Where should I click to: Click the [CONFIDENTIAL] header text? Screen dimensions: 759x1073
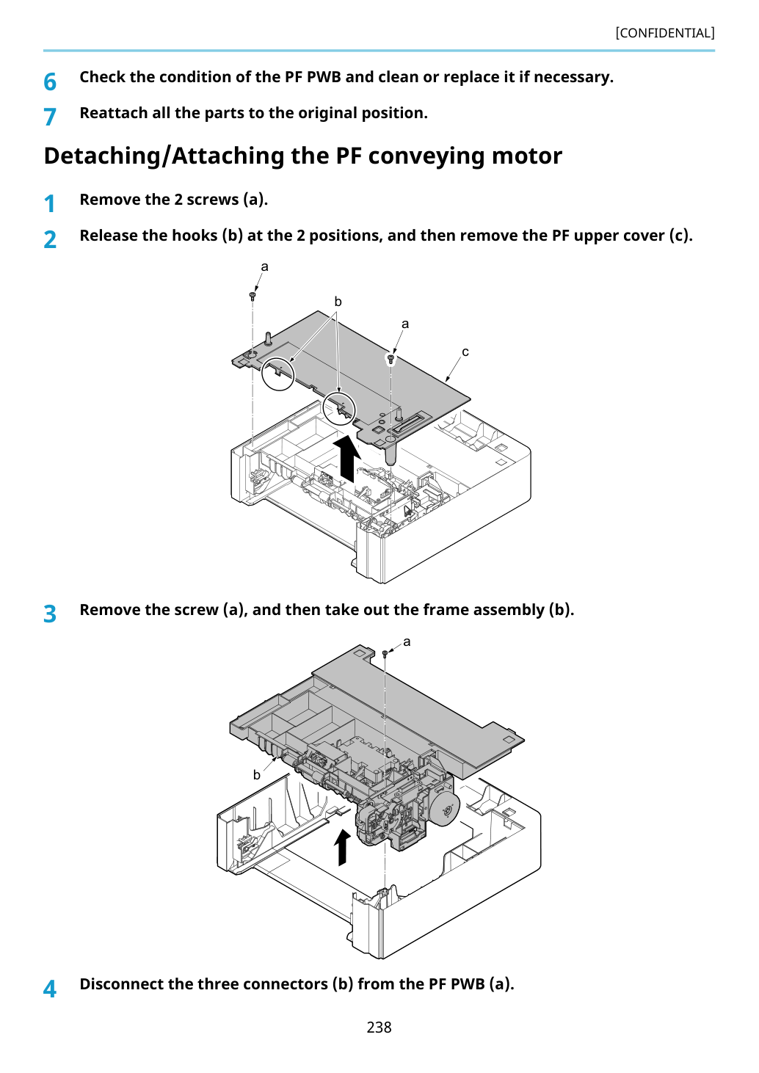664,33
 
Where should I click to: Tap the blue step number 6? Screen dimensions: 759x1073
50,81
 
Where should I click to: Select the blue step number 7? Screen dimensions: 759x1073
50,117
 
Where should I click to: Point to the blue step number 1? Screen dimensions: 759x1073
50,203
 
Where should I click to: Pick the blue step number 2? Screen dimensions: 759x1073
50,239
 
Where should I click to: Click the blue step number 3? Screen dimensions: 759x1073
50,614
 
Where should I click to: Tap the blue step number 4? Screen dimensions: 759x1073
50,988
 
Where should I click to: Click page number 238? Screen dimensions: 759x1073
379,1027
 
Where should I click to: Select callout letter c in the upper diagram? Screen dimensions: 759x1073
465,352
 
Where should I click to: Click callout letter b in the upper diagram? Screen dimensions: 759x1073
338,302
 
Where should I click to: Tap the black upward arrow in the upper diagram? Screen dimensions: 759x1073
347,459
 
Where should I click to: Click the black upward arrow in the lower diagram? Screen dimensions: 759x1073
342,848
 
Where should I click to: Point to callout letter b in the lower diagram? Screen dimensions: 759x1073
257,774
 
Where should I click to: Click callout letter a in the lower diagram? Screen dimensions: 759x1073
407,642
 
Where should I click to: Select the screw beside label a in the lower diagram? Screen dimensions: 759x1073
385,654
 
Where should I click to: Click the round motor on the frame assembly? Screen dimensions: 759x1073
446,807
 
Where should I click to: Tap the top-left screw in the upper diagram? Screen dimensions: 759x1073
253,296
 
